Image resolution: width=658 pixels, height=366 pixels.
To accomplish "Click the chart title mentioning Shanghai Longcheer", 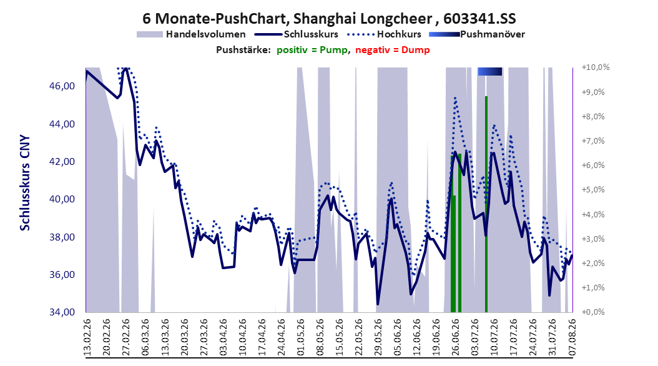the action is coord(329,19).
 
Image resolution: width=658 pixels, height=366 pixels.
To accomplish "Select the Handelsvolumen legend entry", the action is coord(191,34).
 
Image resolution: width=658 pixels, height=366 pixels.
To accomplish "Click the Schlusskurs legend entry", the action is coord(297,34).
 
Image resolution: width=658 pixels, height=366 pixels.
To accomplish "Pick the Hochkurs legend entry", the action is coord(384,34).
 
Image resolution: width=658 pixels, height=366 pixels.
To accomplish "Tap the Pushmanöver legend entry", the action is coord(477,34).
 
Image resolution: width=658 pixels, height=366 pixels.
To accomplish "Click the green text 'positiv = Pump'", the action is coord(312,50).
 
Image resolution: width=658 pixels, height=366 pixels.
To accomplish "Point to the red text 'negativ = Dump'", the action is coord(393,50).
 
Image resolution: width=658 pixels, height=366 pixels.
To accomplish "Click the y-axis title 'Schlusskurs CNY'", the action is coord(25,182).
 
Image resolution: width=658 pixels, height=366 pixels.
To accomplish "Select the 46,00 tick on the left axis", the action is coord(62,86).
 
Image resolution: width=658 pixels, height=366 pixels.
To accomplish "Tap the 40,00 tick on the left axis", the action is coord(62,199).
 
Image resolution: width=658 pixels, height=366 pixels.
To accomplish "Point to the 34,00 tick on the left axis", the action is coord(62,312).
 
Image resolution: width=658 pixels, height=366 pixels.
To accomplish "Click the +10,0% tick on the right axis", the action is coord(596,67).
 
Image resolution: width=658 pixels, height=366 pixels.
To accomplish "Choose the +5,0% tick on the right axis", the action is coord(593,190).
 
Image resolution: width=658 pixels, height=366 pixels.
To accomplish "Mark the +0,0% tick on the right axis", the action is coord(593,312).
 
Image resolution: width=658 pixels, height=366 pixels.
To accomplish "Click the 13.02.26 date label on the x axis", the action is coord(87,337).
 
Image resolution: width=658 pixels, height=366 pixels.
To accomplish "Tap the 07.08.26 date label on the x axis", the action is coord(572,337).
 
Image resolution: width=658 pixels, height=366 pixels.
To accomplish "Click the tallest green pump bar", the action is coord(486,204).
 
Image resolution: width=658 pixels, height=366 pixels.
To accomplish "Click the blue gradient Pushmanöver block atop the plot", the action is coord(489,71).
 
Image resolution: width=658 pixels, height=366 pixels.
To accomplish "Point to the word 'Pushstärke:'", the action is coord(243,50).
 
